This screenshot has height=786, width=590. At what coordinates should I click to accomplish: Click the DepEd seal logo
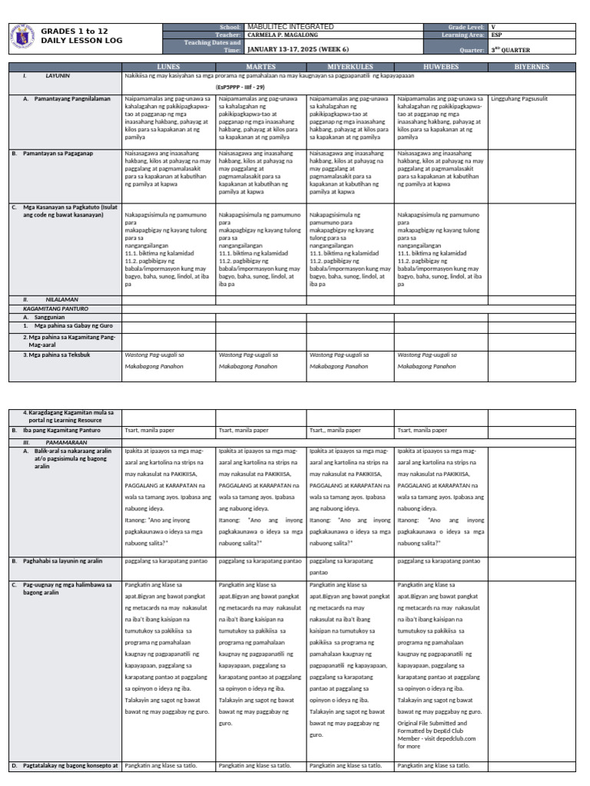click(23, 36)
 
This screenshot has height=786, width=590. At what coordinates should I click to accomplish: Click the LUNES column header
click(168, 67)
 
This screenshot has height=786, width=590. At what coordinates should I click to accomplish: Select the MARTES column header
click(260, 67)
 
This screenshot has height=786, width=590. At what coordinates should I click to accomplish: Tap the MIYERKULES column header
click(350, 67)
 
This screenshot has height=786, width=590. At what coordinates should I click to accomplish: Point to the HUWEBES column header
click(441, 67)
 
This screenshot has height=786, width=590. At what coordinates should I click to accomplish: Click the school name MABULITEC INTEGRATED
click(290, 27)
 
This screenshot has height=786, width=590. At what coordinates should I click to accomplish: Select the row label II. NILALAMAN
click(48, 299)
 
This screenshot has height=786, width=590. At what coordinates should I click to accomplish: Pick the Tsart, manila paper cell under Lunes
click(151, 431)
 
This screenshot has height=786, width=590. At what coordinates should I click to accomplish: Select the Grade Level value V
click(493, 27)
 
